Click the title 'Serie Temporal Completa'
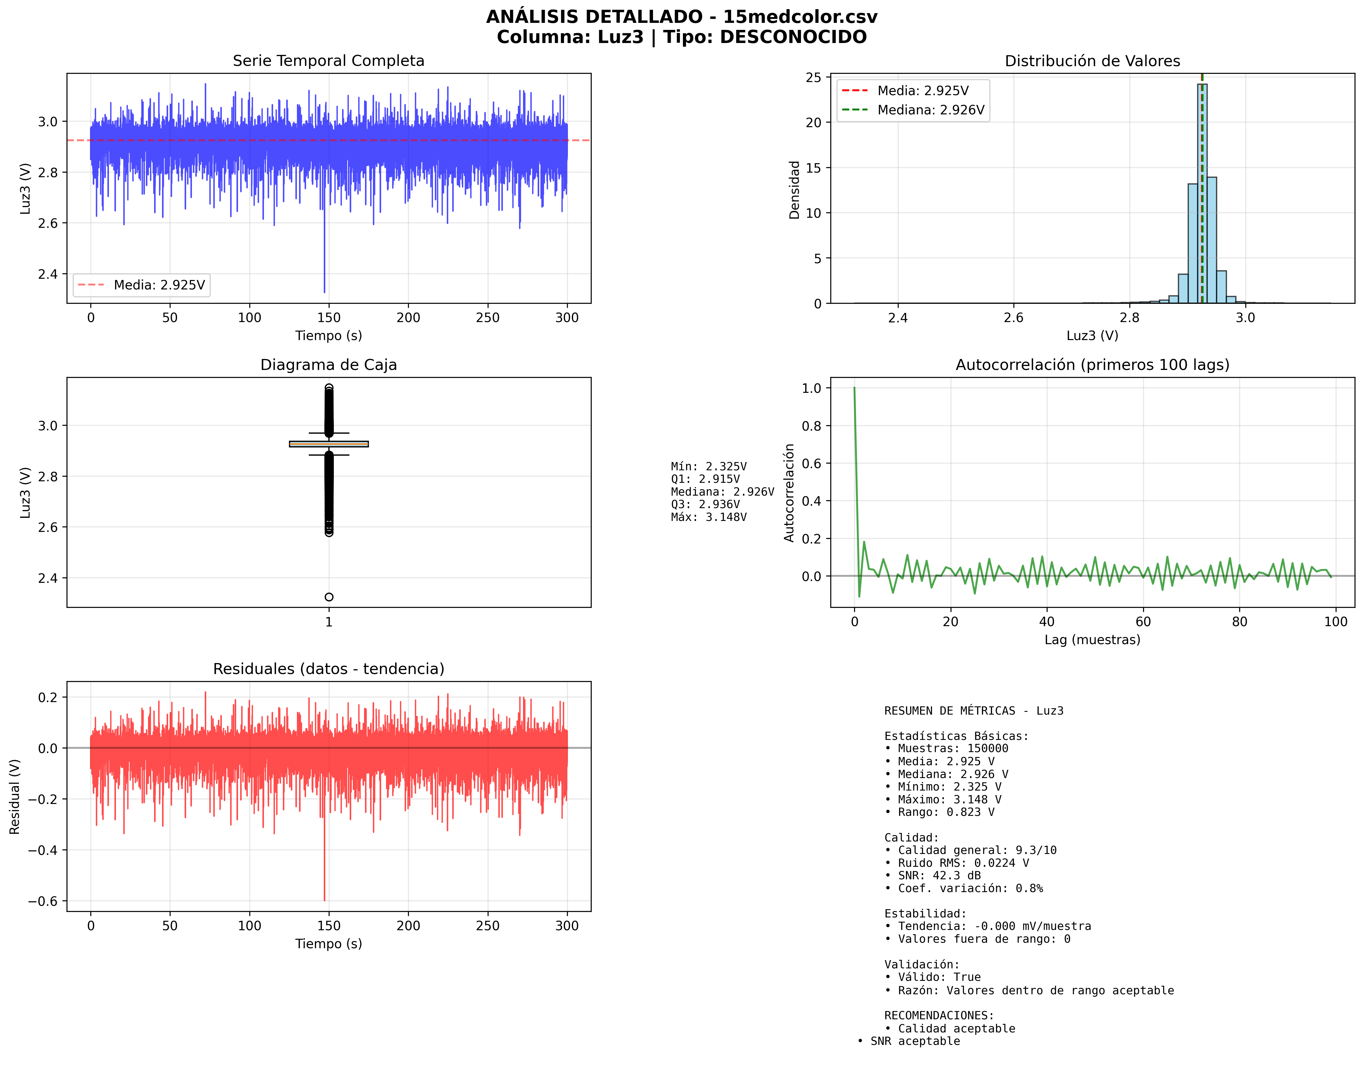point(328,61)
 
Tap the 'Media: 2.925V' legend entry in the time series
point(159,285)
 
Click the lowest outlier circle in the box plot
point(329,597)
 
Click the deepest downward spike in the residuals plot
point(324,899)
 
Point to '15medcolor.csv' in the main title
point(800,17)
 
